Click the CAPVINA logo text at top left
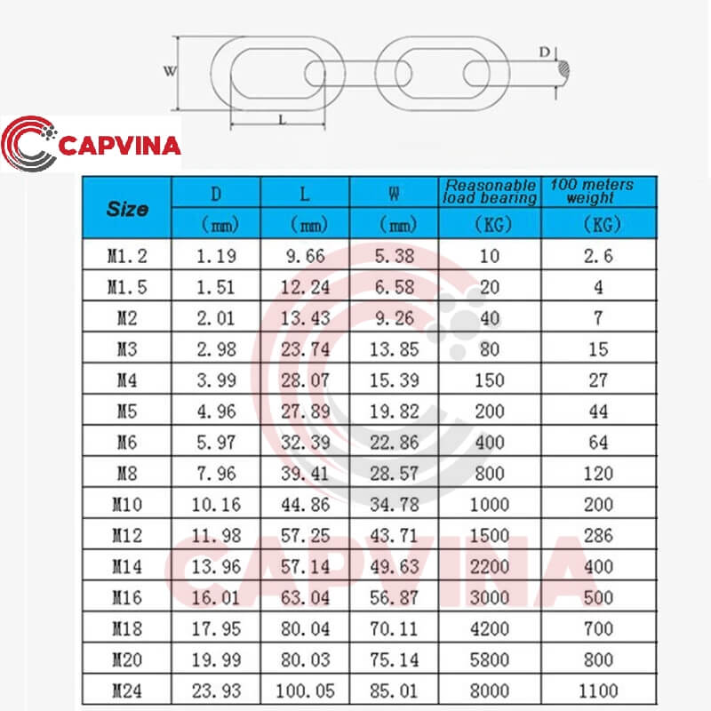pos(120,146)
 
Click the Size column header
pos(127,209)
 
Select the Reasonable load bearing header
pos(491,191)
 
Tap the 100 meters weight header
pos(592,191)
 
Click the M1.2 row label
pos(127,256)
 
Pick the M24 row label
pos(127,691)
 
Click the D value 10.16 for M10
pos(216,505)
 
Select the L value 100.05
pos(305,691)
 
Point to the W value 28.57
pos(394,474)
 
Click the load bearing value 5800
pos(490,659)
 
